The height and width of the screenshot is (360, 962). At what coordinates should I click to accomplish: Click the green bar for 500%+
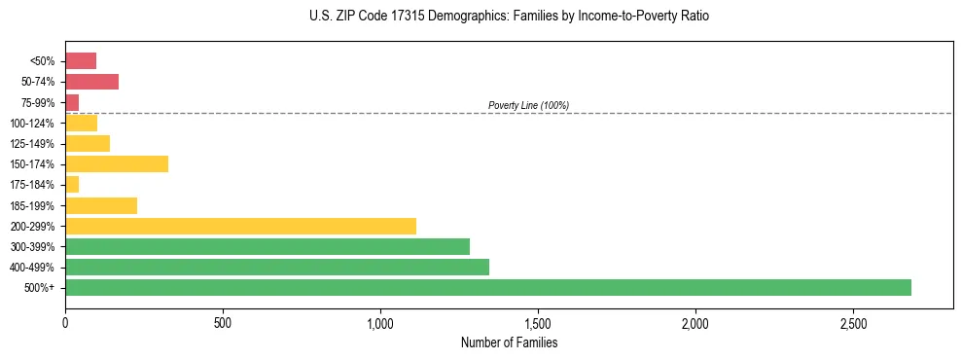[x=487, y=287]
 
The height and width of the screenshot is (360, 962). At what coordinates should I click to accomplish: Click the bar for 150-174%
[x=116, y=163]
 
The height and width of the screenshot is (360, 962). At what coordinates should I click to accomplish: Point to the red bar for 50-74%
[x=91, y=81]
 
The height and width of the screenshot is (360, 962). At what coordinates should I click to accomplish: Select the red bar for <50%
[x=81, y=60]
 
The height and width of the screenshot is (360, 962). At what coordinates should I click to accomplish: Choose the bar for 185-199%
[x=100, y=205]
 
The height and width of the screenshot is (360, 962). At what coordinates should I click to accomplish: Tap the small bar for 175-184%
[x=72, y=184]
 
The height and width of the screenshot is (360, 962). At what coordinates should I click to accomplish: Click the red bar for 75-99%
[x=72, y=102]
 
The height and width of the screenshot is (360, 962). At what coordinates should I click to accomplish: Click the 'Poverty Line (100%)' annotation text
[x=528, y=105]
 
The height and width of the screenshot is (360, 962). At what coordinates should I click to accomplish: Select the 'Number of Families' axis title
[x=509, y=342]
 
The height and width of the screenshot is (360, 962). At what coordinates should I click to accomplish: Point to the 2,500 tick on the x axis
[x=852, y=322]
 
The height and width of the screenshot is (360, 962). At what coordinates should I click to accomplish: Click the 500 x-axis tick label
[x=223, y=322]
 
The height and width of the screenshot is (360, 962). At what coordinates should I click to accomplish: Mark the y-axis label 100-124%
[x=32, y=123]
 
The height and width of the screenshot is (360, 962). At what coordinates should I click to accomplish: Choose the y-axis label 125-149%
[x=32, y=143]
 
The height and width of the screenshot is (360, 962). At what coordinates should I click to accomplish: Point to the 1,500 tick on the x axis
[x=537, y=322]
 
